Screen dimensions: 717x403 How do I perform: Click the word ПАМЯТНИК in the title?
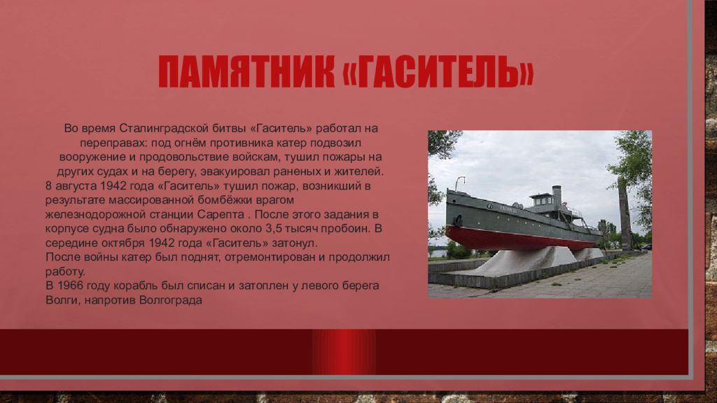(246, 72)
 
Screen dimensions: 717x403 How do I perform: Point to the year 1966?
(71, 285)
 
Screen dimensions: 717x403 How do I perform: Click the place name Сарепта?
(221, 214)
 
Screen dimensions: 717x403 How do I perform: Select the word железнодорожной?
(95, 215)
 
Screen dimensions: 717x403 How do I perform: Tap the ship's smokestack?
(557, 197)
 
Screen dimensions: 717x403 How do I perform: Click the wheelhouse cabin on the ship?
(541, 201)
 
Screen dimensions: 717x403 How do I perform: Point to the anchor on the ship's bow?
(457, 221)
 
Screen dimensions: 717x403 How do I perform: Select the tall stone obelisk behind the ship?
(625, 213)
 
